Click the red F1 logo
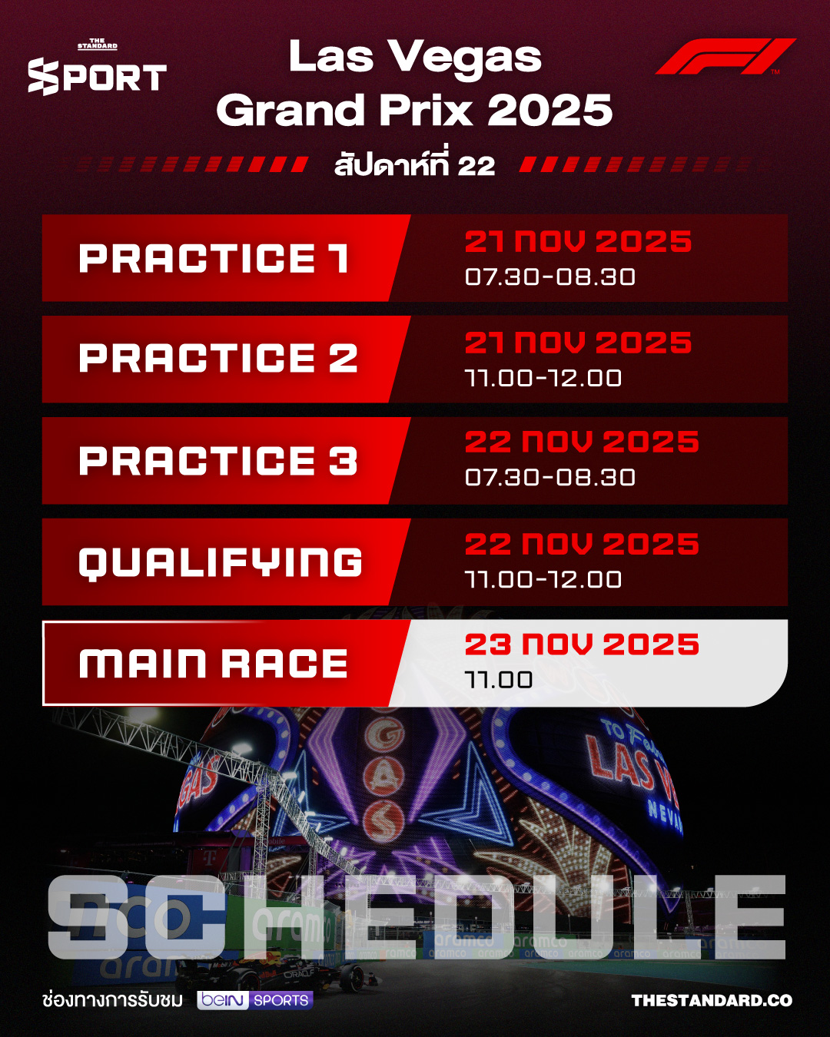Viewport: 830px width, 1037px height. pos(725,57)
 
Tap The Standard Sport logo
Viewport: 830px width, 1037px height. pos(97,70)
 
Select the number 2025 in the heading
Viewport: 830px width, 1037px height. pos(550,111)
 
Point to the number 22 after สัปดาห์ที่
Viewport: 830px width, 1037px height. pos(476,166)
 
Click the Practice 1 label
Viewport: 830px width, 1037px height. pos(214,259)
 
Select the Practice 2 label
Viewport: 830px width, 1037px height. pos(218,359)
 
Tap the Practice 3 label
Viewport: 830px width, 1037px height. pos(218,461)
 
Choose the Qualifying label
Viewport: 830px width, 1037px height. pos(221,562)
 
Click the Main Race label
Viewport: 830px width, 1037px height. pos(214,664)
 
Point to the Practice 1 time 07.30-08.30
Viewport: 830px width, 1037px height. pos(550,277)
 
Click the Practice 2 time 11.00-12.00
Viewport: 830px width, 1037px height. pos(543,378)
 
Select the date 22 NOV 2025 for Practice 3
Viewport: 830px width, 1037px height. pos(582,442)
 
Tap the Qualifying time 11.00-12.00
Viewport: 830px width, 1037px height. pos(543,579)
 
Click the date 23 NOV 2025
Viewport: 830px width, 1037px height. pos(582,644)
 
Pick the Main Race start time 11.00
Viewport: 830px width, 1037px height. pos(499,680)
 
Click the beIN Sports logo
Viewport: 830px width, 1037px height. pos(255,1000)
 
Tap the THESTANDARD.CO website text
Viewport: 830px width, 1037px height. pos(712,1000)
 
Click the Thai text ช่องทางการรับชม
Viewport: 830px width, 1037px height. pos(113,1000)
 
